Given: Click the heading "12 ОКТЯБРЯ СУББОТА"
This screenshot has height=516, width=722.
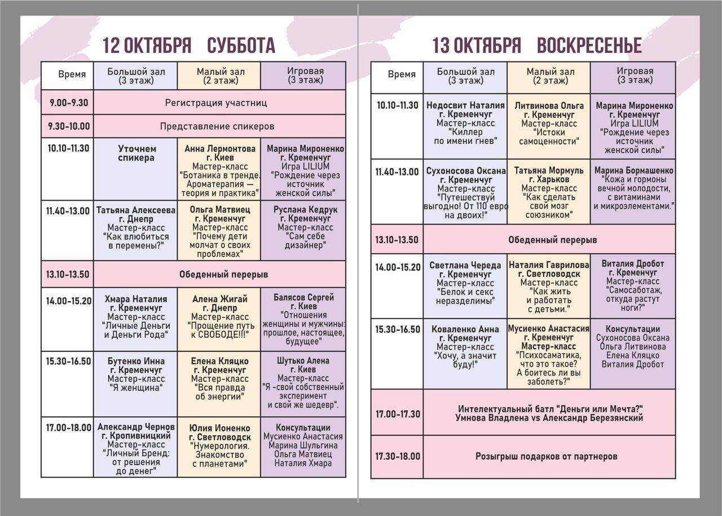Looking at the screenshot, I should point(189,46).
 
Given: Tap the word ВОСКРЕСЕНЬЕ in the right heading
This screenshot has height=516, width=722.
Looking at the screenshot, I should point(589,46).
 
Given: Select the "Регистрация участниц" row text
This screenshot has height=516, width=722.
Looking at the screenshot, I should point(216,103).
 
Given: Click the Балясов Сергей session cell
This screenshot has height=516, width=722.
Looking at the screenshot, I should point(303,319).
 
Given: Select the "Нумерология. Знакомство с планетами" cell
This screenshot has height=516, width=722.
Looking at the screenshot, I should point(219,446).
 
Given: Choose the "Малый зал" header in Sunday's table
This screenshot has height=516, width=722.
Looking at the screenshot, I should point(549,76).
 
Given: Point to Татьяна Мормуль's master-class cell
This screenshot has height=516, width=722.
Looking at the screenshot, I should point(549,192).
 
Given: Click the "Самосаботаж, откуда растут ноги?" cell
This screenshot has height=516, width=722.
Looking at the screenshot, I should point(633,286).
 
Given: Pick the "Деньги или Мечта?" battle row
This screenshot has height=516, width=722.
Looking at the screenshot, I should point(551,413).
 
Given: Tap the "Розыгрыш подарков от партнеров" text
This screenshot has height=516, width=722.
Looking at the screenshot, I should point(546,456).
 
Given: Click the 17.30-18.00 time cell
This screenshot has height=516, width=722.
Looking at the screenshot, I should point(398,456).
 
